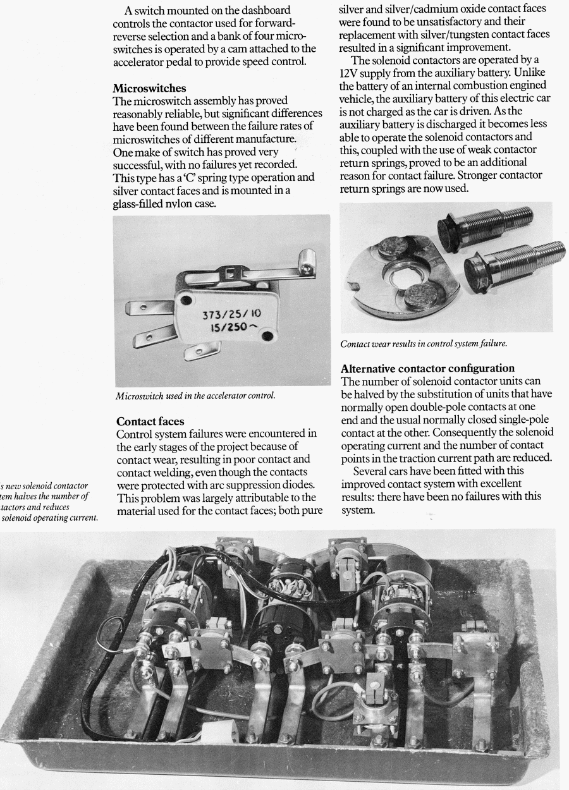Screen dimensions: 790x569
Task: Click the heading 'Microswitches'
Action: tap(149, 88)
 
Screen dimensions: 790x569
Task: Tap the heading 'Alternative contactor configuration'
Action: tap(427, 368)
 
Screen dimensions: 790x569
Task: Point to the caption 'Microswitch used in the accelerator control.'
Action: tap(195, 396)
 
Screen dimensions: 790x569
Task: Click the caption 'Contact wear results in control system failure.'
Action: tap(424, 344)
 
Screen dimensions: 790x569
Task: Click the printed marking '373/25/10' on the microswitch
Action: tap(230, 314)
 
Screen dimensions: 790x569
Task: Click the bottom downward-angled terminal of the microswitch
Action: tap(201, 349)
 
